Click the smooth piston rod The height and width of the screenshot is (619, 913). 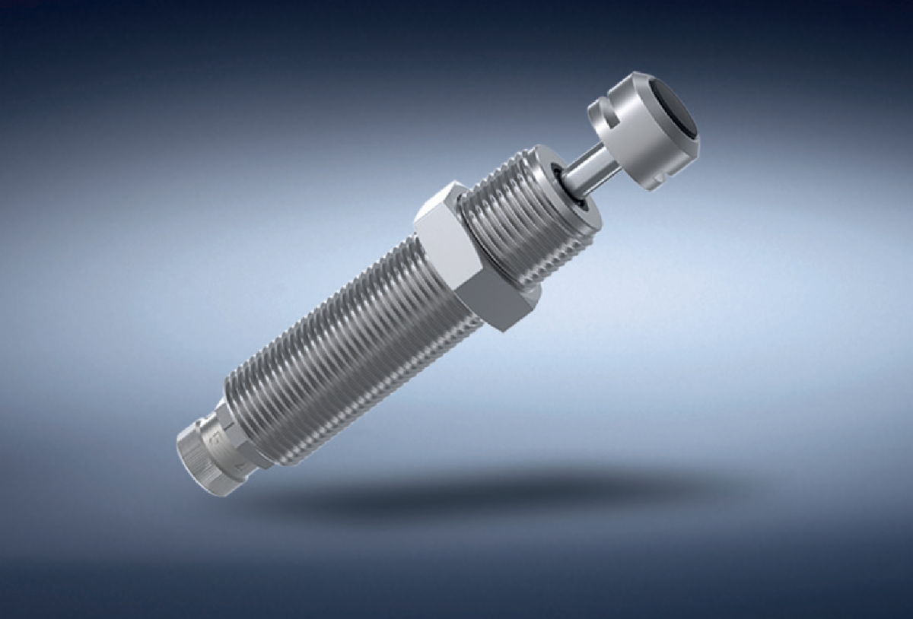pyautogui.click(x=585, y=170)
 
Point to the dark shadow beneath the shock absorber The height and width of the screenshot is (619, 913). pyautogui.click(x=487, y=487)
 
